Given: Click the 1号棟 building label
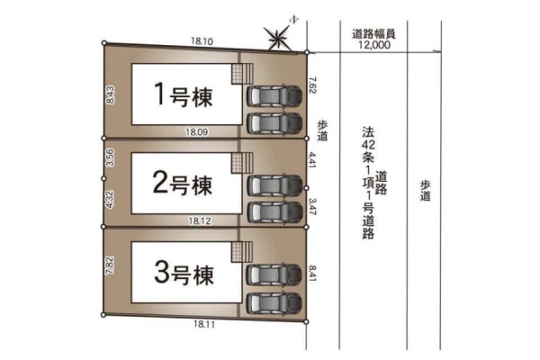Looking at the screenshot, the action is (184, 94).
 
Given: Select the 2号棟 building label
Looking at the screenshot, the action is (183, 184).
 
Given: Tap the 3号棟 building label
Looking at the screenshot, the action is (184, 273).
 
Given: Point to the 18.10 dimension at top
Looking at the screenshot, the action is (202, 41).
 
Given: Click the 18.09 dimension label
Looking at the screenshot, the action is (196, 132).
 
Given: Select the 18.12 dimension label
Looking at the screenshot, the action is (200, 220).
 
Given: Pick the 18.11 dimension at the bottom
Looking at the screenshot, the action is (204, 324).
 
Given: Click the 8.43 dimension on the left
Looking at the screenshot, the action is (110, 94).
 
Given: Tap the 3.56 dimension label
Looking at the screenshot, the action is (110, 157).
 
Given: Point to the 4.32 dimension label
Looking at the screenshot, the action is (110, 200).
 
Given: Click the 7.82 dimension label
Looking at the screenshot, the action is (110, 265).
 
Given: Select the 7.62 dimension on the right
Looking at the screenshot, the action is (312, 85).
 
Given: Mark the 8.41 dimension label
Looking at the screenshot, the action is (312, 273).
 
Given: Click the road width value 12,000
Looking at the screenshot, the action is (374, 45).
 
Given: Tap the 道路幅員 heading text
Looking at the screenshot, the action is (373, 34).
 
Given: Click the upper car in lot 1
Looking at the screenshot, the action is (274, 95).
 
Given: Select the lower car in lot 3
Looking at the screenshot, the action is (274, 303).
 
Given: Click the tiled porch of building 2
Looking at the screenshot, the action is (242, 163).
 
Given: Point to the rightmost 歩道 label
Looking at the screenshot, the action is (426, 190).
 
